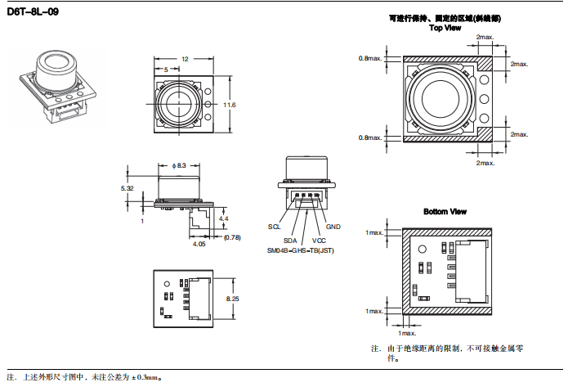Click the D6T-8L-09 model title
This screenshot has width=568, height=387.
tap(32, 12)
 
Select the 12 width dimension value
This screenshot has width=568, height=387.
tap(185, 59)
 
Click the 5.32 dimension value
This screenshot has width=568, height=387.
tap(127, 188)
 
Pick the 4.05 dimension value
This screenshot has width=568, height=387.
tap(199, 243)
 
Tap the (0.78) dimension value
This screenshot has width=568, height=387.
tap(232, 237)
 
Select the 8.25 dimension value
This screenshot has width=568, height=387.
tap(233, 299)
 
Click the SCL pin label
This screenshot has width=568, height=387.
tap(274, 226)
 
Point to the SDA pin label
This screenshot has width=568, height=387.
tap(290, 240)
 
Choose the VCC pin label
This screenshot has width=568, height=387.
tap(319, 240)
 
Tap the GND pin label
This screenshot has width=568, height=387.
tap(333, 226)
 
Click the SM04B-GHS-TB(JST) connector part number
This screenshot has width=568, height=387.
tap(301, 250)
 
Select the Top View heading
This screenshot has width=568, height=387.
tap(445, 28)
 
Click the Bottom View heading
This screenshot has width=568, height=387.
tap(445, 212)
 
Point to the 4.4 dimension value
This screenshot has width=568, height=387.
tap(224, 218)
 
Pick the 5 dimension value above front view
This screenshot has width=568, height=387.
tap(166, 70)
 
